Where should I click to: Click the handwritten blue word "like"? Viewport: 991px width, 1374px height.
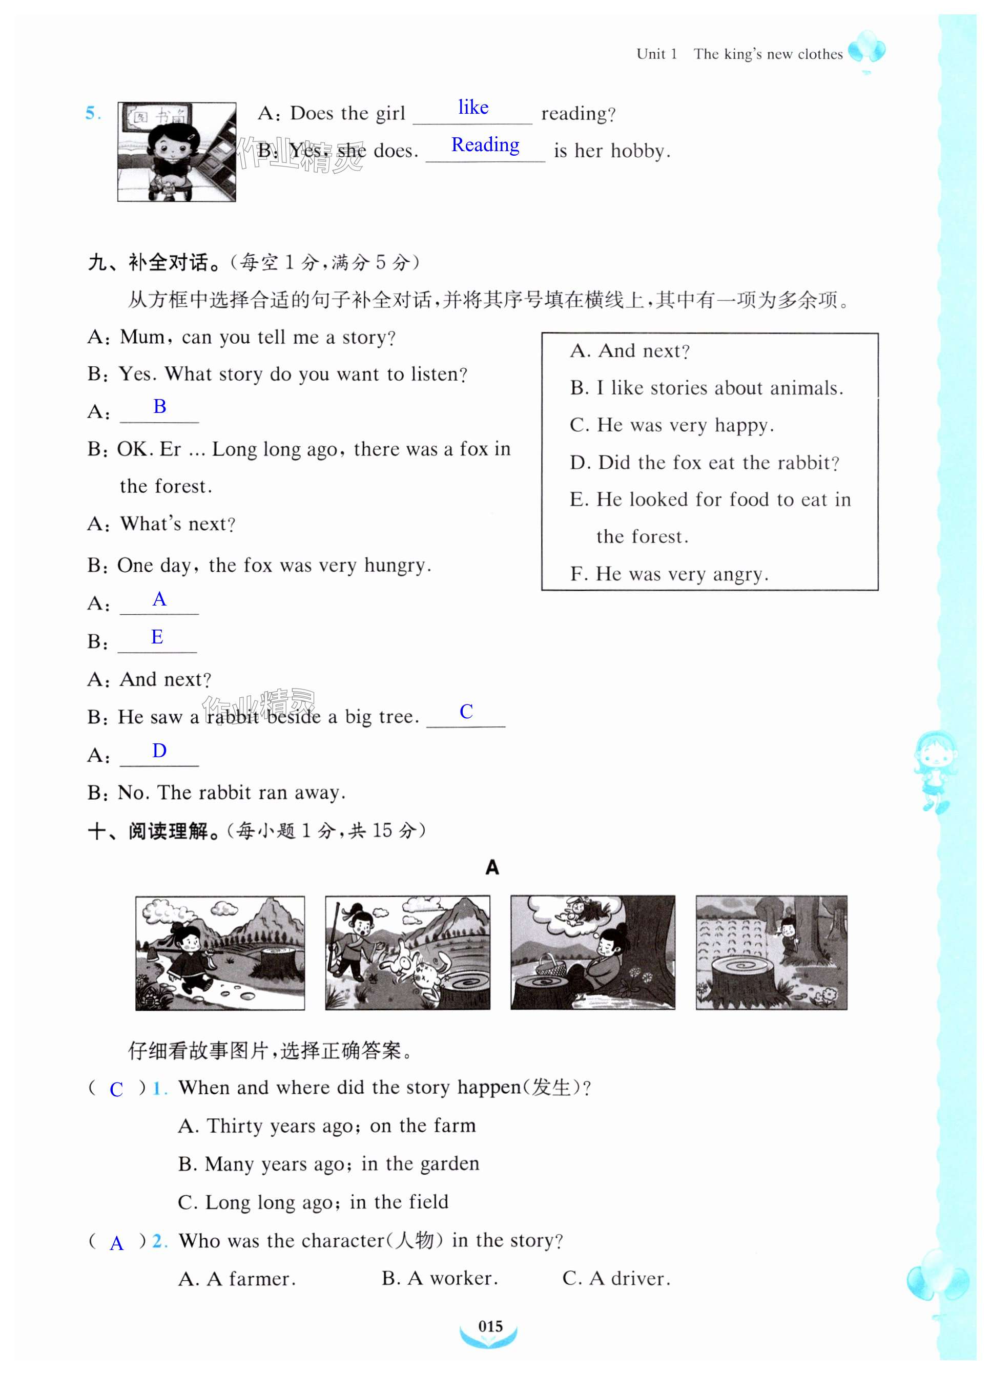pyautogui.click(x=473, y=107)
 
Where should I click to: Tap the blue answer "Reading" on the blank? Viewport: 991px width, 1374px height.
pyautogui.click(x=485, y=145)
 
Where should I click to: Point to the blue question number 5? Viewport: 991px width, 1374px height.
pyautogui.click(x=93, y=113)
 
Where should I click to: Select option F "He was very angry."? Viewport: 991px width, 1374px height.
pyautogui.click(x=669, y=574)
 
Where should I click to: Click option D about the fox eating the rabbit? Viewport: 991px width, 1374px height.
pyautogui.click(x=705, y=463)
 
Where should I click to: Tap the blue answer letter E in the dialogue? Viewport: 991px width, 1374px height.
pyautogui.click(x=157, y=637)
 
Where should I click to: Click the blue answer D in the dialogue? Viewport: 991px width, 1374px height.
pyautogui.click(x=159, y=751)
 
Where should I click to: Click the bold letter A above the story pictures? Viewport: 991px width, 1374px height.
pyautogui.click(x=492, y=867)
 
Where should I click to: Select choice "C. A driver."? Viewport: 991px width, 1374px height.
pyautogui.click(x=616, y=1278)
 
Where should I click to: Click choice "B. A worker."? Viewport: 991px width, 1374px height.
pyautogui.click(x=440, y=1278)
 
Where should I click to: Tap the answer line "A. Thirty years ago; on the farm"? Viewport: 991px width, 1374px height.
pyautogui.click(x=327, y=1126)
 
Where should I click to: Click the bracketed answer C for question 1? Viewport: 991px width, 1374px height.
pyautogui.click(x=116, y=1089)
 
